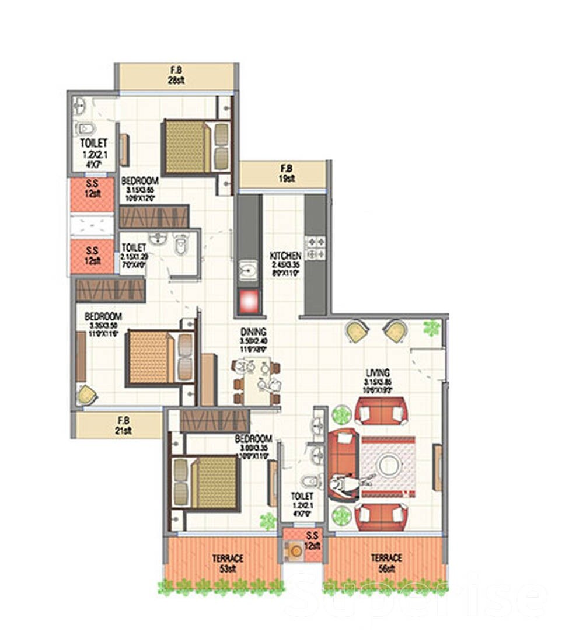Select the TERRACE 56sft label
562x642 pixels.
pyautogui.click(x=386, y=563)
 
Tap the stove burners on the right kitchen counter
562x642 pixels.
pyautogui.click(x=316, y=247)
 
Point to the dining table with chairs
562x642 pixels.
pyautogui.click(x=256, y=382)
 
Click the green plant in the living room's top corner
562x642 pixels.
pyautogui.click(x=431, y=327)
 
